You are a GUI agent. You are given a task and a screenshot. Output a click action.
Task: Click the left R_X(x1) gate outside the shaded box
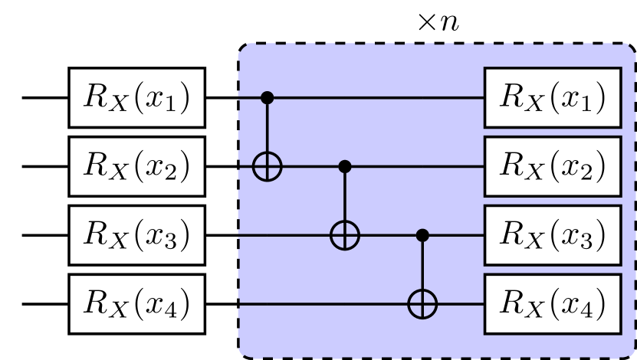(137, 97)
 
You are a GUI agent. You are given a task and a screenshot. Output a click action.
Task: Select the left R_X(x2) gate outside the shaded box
(137, 166)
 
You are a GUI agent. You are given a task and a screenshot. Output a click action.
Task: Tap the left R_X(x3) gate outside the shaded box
(137, 235)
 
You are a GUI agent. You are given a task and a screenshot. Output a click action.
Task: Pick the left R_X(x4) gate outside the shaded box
(137, 304)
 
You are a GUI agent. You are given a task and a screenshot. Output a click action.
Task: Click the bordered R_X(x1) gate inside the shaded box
(551, 97)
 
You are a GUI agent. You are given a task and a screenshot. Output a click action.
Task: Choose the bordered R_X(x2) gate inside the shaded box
(551, 166)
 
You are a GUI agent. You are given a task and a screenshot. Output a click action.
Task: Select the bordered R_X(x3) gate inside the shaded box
(551, 235)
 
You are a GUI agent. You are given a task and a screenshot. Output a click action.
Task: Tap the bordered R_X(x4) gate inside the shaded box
(551, 304)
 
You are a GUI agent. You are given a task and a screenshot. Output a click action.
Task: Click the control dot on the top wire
(267, 97)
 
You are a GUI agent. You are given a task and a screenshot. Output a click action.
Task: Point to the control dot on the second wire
(344, 166)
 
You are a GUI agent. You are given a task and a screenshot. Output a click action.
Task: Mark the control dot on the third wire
(421, 235)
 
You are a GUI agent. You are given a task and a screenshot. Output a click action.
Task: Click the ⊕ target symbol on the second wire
(267, 166)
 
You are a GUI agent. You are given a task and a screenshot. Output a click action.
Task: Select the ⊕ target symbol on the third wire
(344, 235)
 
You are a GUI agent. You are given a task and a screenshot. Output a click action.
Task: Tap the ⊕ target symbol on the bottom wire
(421, 304)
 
